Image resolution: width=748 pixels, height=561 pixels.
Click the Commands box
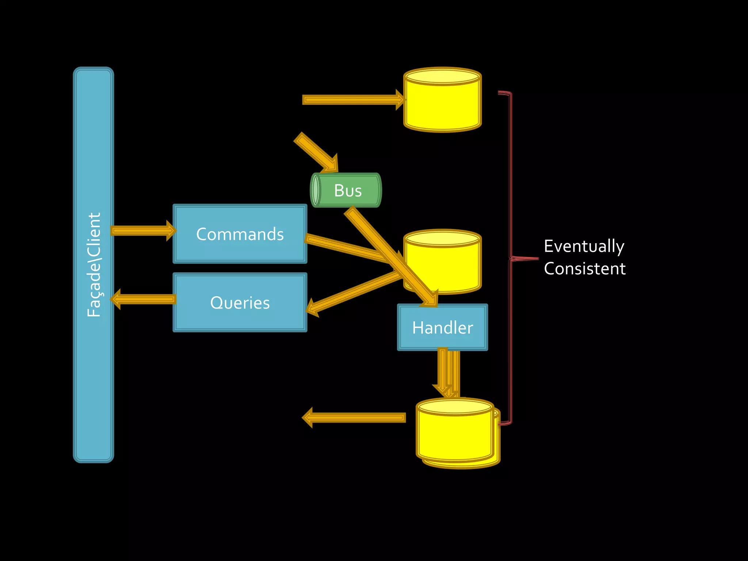[240, 234]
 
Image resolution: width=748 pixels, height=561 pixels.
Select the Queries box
[240, 302]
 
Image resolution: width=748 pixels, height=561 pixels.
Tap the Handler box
[442, 327]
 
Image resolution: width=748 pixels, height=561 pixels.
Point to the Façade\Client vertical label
[93, 264]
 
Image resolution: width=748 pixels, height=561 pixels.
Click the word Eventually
[584, 246]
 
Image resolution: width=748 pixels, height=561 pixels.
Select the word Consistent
[584, 269]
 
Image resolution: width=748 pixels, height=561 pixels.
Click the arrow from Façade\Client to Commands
[142, 230]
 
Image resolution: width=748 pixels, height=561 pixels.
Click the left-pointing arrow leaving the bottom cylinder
[354, 417]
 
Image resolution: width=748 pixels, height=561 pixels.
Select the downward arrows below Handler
[447, 373]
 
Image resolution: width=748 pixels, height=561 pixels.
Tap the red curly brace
[511, 258]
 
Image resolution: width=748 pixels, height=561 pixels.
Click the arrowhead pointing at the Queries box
[313, 307]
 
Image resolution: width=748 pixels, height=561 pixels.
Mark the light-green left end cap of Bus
[316, 190]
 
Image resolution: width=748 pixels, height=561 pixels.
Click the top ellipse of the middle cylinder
[442, 238]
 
